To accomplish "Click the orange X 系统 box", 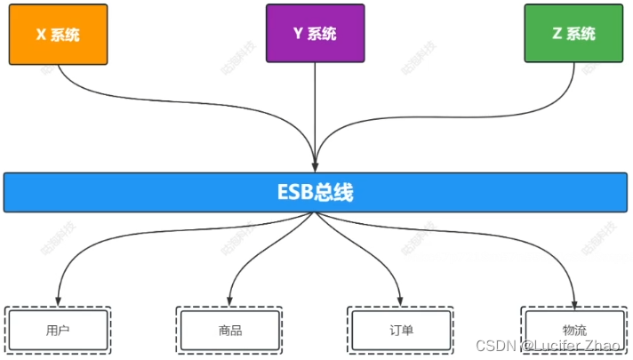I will pos(58,34).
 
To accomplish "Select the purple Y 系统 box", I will pos(316,34).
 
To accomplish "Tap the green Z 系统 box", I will pos(573,34).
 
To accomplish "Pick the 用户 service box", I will pos(58,331).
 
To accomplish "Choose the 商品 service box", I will pos(229,331).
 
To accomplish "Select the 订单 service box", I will pos(402,331).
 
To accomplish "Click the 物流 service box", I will pos(574,331).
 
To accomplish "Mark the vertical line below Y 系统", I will pos(316,107).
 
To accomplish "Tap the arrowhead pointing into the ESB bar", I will pos(316,164).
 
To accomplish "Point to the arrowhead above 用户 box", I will pos(58,300).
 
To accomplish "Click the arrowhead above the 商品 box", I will pos(229,300).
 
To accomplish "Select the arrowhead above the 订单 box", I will pos(402,300).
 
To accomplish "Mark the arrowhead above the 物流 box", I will pos(574,300).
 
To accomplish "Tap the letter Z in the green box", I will pos(557,34).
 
